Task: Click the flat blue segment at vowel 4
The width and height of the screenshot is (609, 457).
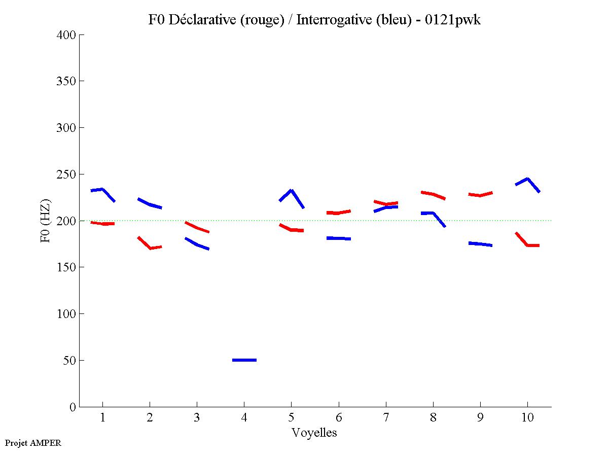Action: [x=244, y=360]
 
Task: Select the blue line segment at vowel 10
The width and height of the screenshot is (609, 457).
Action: [x=528, y=180]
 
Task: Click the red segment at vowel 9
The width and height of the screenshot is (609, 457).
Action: [x=480, y=195]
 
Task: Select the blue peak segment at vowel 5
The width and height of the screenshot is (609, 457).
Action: [x=291, y=192]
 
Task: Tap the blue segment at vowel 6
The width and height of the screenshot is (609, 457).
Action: [x=339, y=238]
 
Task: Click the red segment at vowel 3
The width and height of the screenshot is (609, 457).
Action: [x=197, y=227]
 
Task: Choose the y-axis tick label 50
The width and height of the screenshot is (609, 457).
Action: [x=70, y=361]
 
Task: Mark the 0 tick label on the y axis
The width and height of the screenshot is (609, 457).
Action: [x=73, y=407]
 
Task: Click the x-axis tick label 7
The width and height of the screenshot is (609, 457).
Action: [x=386, y=418]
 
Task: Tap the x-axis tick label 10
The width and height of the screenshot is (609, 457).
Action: [x=527, y=418]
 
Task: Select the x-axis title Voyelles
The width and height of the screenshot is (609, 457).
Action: [x=314, y=433]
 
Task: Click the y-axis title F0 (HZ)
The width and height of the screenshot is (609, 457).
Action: [x=46, y=221]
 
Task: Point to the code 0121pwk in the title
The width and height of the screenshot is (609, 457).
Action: [x=454, y=20]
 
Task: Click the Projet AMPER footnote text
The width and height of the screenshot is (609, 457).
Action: [x=33, y=443]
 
